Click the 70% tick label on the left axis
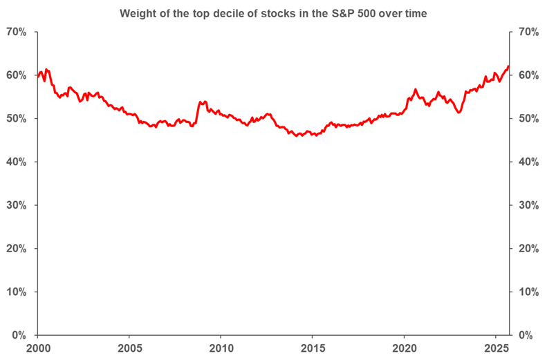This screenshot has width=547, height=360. (16, 32)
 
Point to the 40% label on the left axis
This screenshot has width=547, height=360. (16, 162)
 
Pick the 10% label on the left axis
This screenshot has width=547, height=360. (16, 292)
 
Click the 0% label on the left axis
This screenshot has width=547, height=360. (19, 335)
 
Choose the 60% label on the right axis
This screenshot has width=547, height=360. (526, 75)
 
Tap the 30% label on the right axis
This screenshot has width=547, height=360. (526, 205)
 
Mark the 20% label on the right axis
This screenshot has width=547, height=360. (526, 248)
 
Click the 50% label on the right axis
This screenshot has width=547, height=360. (526, 118)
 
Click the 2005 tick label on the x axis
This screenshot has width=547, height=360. (129, 348)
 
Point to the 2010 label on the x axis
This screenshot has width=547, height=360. (221, 348)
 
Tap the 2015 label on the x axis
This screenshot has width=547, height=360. (313, 348)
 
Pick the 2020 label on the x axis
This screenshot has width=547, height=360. (405, 348)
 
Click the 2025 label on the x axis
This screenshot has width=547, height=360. (496, 348)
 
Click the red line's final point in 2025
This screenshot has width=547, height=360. (509, 66)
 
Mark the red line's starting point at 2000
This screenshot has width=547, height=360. (38, 76)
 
